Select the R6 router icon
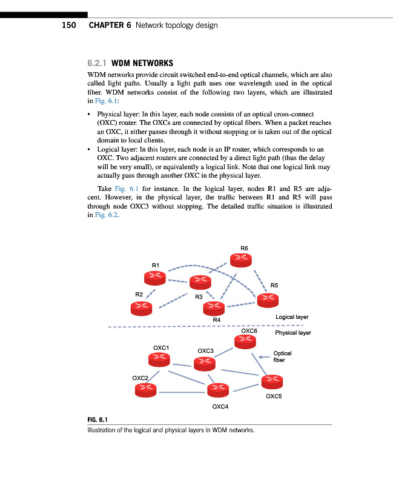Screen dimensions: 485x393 [x=243, y=259]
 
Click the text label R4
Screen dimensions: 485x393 [x=216, y=319]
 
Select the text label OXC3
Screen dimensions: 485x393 [x=205, y=351]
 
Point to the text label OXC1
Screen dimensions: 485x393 [x=161, y=347]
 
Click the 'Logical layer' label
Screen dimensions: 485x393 [x=292, y=317]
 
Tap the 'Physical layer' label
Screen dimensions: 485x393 [x=292, y=333]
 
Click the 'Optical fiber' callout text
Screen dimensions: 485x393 [x=282, y=356]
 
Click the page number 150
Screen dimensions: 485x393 [x=68, y=25]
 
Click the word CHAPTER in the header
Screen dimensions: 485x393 [x=110, y=25]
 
